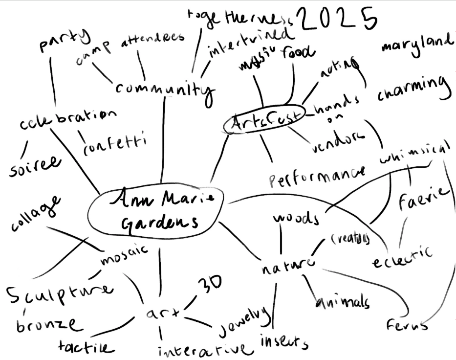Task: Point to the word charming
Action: tap(413, 89)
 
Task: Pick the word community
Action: tap(165, 90)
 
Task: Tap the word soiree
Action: tap(34, 165)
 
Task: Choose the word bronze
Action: tap(47, 324)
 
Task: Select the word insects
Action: tap(284, 342)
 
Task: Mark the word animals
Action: tap(342, 302)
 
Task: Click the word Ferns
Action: tap(406, 324)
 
